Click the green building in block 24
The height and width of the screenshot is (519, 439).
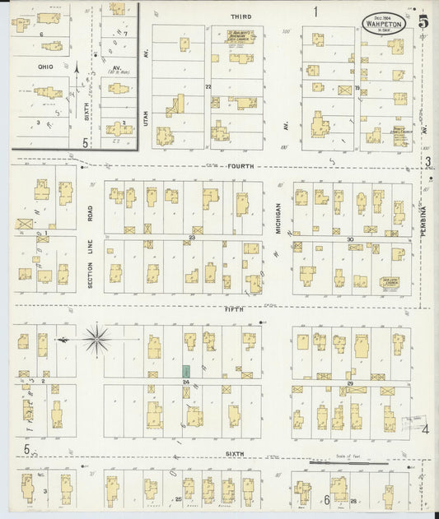click(187, 372)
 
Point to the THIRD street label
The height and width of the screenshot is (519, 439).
click(241, 16)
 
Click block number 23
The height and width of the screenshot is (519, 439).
click(190, 238)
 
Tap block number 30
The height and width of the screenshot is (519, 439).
click(350, 239)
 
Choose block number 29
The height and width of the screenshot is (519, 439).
click(350, 384)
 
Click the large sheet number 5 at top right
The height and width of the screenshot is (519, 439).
click(423, 22)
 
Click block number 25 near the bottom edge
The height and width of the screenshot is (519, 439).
click(178, 499)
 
